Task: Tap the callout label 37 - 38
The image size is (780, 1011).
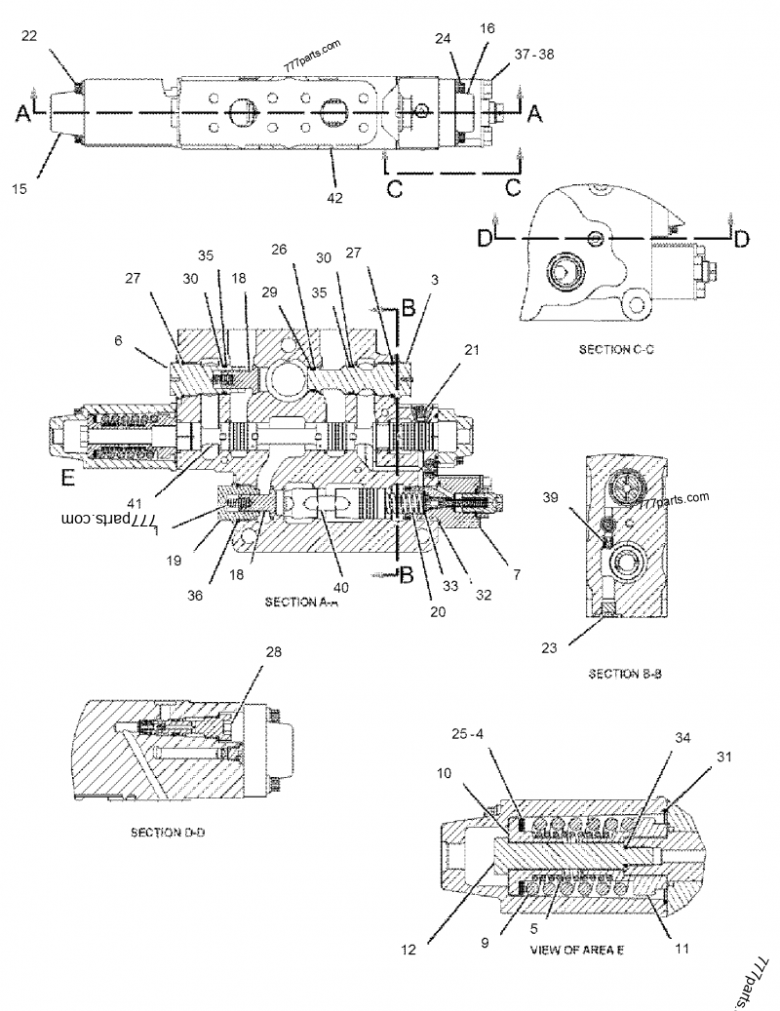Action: click(x=533, y=56)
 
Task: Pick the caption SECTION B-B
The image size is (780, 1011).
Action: click(x=626, y=673)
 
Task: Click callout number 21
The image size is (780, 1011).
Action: click(x=471, y=349)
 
